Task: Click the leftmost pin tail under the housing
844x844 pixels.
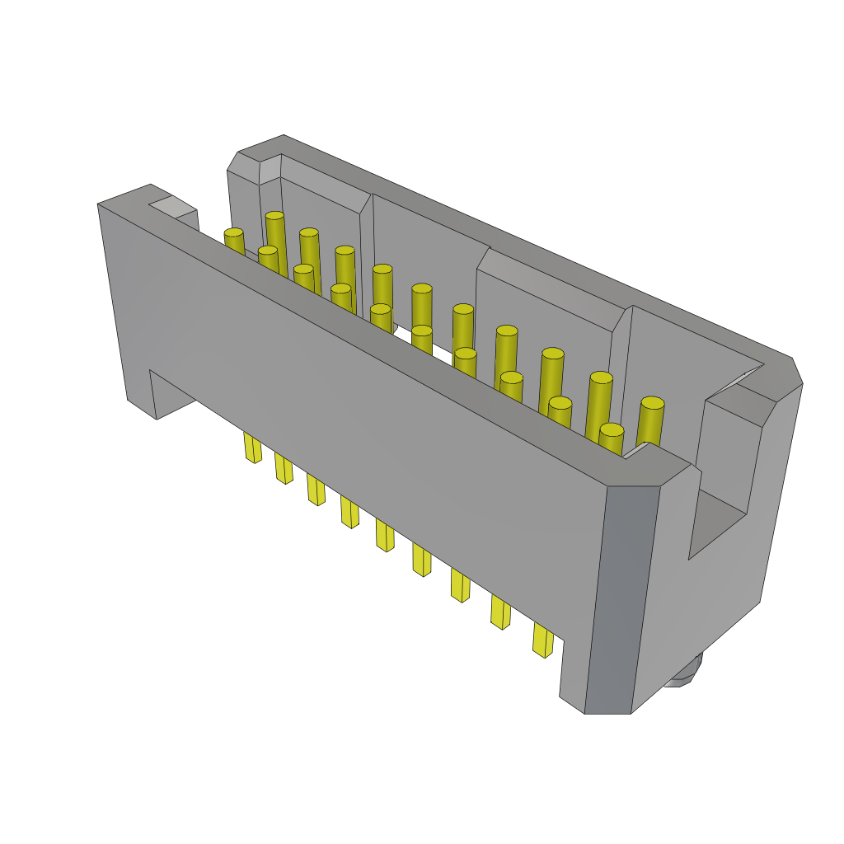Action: tap(252, 447)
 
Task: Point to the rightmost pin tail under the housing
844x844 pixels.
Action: tap(542, 640)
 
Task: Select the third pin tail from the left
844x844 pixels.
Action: tap(316, 489)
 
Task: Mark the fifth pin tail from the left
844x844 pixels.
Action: tap(384, 534)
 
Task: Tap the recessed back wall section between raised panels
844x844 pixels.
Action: tap(429, 247)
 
